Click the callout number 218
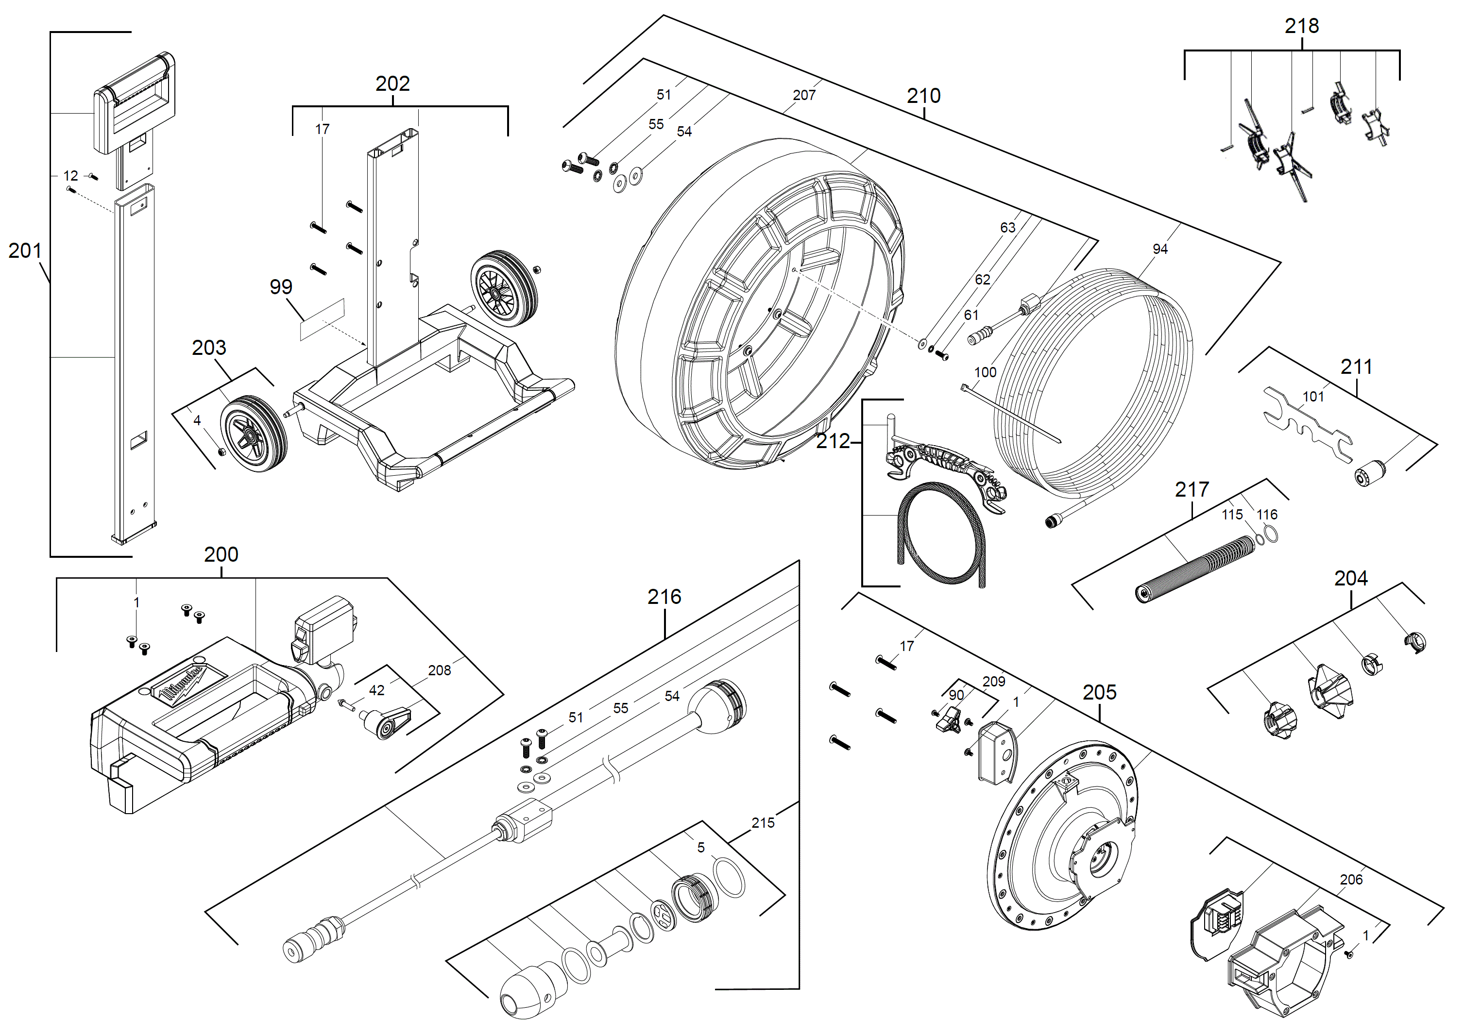point(1301,26)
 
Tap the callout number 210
point(923,96)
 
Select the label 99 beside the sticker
point(281,287)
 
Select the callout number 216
point(664,597)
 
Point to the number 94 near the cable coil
point(1160,249)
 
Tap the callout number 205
point(1099,692)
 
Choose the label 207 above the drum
point(803,95)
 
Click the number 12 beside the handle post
point(71,175)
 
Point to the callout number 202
point(392,83)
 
